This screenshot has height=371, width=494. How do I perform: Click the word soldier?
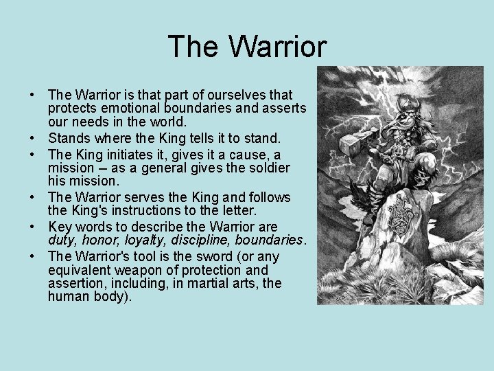pyautogui.click(x=269, y=168)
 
